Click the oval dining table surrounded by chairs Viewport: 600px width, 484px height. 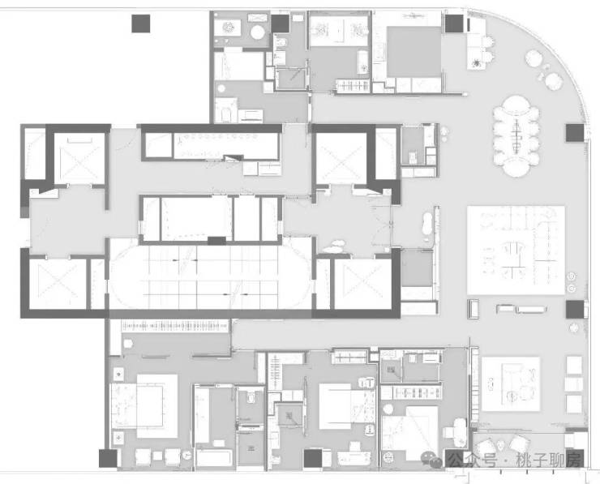click(516, 136)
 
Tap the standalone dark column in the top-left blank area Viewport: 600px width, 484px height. click(141, 24)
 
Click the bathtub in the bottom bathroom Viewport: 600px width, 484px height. click(215, 458)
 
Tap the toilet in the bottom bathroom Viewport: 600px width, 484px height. click(251, 398)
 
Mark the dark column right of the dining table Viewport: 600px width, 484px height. click(575, 133)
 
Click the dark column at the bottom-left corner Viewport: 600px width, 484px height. click(108, 458)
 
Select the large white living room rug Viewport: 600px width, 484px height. click(516, 251)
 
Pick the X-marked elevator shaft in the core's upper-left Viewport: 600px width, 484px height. click(79, 158)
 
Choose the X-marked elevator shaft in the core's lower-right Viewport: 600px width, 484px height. click(362, 284)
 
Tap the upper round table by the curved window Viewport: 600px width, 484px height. click(534, 58)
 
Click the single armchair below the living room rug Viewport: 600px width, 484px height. click(473, 309)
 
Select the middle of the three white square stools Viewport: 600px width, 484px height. click(574, 384)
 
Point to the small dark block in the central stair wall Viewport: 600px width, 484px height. click(216, 241)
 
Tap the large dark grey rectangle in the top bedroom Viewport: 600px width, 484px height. click(414, 52)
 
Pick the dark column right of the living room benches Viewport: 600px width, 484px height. click(575, 309)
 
